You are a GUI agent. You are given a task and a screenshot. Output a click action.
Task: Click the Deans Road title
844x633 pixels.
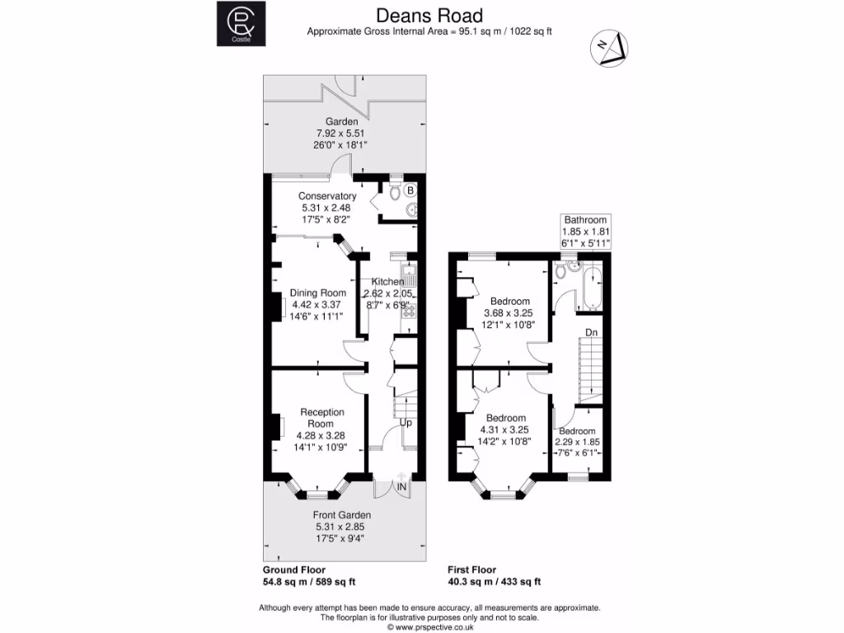429,15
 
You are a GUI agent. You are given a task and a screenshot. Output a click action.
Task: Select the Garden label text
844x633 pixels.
341,121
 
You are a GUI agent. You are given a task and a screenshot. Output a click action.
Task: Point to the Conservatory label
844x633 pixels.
327,196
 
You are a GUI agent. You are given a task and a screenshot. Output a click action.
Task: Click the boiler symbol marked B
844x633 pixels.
410,190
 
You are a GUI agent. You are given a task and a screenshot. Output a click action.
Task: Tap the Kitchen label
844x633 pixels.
387,282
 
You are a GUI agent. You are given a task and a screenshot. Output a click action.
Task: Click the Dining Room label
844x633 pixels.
317,293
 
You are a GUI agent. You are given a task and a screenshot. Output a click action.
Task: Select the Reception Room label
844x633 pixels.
321,418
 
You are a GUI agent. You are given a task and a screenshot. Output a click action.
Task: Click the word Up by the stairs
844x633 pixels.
406,423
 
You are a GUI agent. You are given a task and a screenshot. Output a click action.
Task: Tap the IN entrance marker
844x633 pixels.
402,488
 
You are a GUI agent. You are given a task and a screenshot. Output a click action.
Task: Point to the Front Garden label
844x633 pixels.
341,515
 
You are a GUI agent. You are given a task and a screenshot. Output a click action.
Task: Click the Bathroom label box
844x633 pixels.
585,232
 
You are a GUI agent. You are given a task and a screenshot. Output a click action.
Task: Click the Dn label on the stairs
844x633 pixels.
591,332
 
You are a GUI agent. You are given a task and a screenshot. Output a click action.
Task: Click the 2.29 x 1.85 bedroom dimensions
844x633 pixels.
577,442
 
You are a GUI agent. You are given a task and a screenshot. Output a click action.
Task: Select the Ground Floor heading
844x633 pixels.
293,570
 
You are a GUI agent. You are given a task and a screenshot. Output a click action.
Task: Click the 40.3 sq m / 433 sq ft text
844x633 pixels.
494,581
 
